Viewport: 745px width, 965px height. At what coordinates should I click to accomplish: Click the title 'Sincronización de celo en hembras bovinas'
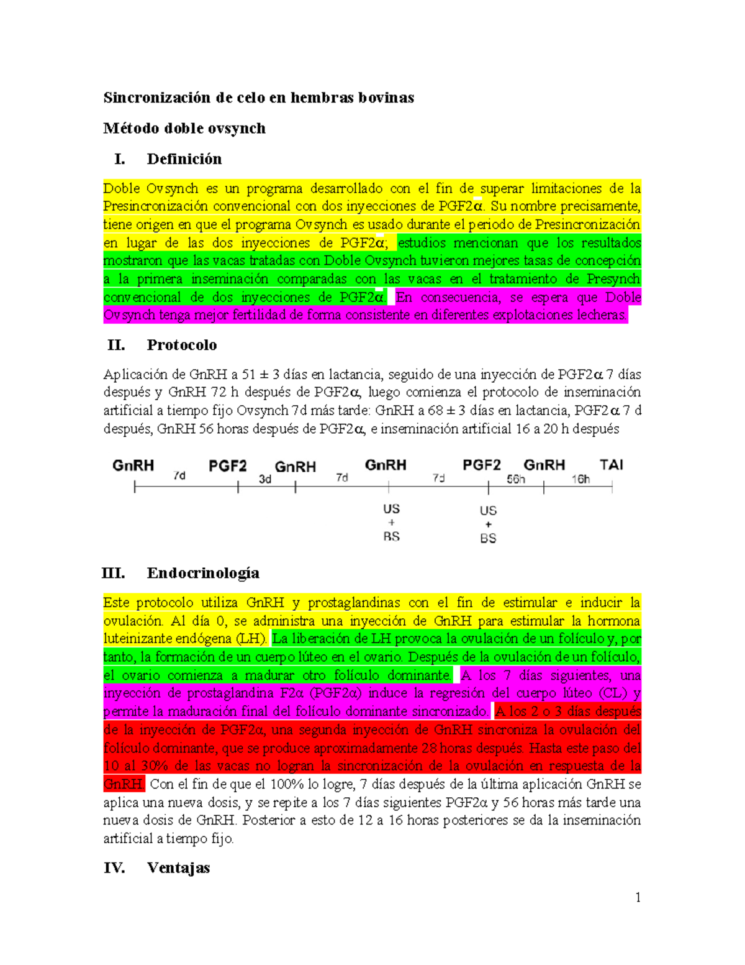click(x=258, y=98)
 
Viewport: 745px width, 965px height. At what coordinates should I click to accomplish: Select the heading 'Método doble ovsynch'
click(x=184, y=129)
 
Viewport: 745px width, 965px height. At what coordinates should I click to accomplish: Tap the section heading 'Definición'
click(x=184, y=159)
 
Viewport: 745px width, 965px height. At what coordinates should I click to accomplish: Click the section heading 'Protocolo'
click(x=181, y=345)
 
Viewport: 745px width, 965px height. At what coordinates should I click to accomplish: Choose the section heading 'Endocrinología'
click(x=203, y=573)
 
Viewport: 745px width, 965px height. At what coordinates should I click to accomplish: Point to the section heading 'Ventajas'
click(x=178, y=868)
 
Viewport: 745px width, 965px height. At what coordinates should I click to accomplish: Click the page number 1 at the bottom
click(x=638, y=897)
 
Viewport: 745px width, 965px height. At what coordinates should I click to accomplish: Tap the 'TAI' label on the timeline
click(x=611, y=465)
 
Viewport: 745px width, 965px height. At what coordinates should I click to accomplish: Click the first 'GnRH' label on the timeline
click(x=133, y=465)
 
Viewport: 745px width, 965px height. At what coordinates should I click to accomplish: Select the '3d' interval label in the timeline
click(x=265, y=479)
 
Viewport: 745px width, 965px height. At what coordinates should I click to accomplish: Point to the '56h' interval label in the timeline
click(x=516, y=479)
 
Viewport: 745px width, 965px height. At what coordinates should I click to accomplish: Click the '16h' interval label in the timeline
click(x=580, y=479)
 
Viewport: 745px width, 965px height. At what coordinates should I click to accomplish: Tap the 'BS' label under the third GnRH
click(x=391, y=536)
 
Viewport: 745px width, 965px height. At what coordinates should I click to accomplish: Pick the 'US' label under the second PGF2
click(x=488, y=511)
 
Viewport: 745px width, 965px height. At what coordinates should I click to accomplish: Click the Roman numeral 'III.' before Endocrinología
click(x=114, y=573)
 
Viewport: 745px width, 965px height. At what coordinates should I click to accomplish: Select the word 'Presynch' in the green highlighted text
click(x=613, y=279)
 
